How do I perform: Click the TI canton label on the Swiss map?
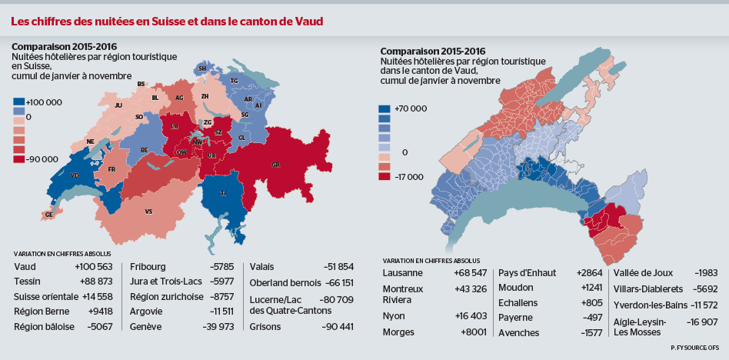(x=223, y=193)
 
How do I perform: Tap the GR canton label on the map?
(x=276, y=165)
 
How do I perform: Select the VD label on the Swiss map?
(x=75, y=175)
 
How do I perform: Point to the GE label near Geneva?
(x=49, y=215)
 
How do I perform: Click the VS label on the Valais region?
(x=148, y=211)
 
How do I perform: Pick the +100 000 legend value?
(x=44, y=102)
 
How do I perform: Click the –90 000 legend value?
(x=42, y=159)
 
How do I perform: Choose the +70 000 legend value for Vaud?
(x=410, y=109)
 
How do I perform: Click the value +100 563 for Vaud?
(x=93, y=266)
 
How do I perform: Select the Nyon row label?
(x=395, y=315)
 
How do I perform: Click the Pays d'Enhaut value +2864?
(x=589, y=273)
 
